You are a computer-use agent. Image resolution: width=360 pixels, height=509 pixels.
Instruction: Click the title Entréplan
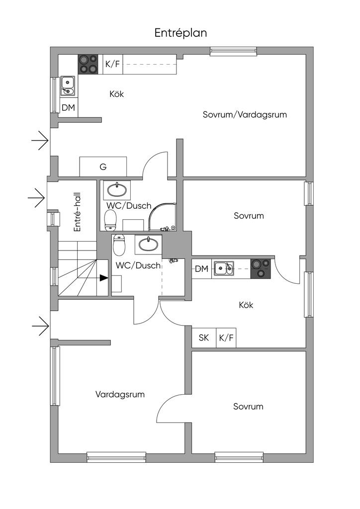pyautogui.click(x=180, y=33)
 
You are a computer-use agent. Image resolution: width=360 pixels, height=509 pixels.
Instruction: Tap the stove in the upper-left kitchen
pyautogui.click(x=90, y=64)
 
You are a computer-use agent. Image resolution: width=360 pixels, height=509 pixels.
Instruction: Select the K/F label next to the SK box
pyautogui.click(x=226, y=338)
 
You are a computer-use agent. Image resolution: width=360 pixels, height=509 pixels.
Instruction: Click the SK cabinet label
pyautogui.click(x=204, y=338)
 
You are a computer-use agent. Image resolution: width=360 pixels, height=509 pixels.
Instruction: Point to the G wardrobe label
pyautogui.click(x=103, y=167)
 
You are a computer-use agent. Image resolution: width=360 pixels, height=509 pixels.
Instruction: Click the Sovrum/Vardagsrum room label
pyautogui.click(x=245, y=114)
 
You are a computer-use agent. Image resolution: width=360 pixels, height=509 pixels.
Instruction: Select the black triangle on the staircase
pyautogui.click(x=103, y=278)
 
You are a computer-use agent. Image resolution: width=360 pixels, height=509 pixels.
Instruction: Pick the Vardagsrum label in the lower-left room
pyautogui.click(x=120, y=395)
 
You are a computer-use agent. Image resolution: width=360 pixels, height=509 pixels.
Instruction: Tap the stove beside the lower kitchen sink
pyautogui.click(x=261, y=269)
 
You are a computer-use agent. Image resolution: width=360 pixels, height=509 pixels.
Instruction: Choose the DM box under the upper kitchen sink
pyautogui.click(x=68, y=108)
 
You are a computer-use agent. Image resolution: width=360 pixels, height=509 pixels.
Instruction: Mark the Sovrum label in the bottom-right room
pyautogui.click(x=248, y=407)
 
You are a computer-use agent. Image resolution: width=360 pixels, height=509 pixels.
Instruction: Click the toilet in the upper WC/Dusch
pyautogui.click(x=110, y=218)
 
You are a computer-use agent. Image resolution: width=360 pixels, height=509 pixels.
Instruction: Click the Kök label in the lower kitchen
pyautogui.click(x=246, y=305)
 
